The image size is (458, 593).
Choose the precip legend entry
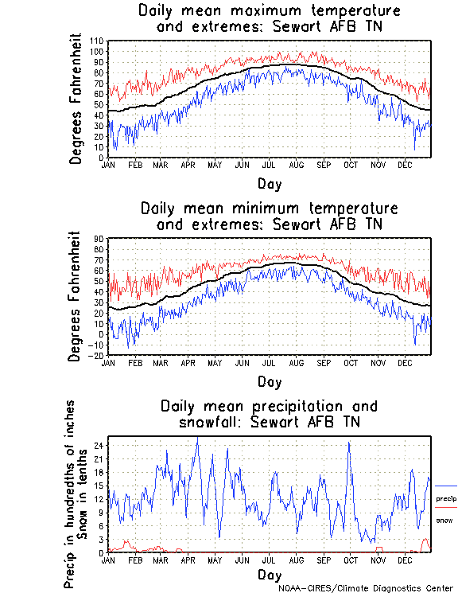pyautogui.click(x=445, y=498)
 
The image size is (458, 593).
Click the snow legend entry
pyautogui.click(x=444, y=520)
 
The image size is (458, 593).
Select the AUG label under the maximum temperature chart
pyautogui.click(x=296, y=165)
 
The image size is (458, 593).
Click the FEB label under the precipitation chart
pyautogui.click(x=134, y=560)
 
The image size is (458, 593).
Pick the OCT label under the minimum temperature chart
pyautogui.click(x=351, y=362)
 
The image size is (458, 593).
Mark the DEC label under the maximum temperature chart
pyautogui.click(x=404, y=165)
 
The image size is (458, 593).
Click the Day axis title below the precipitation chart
pyautogui.click(x=269, y=574)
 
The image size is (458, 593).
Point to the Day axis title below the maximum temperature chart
pyautogui.click(x=269, y=182)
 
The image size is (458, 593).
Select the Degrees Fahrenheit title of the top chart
pyautogui.click(x=76, y=99)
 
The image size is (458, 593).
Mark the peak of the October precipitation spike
pyautogui.click(x=349, y=443)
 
